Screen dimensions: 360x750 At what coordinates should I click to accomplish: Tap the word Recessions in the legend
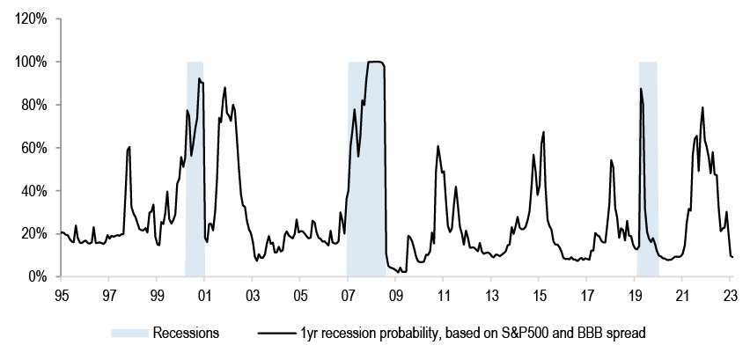tap(186, 333)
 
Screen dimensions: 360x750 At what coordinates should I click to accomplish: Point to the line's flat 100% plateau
tap(375, 62)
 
